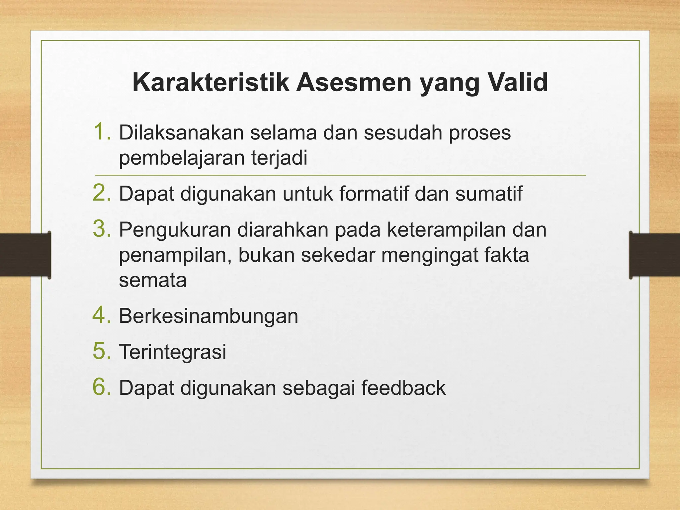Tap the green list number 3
102,229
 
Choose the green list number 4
102,315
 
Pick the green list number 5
102,351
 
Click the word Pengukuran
175,230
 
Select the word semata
153,281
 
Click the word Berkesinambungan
209,316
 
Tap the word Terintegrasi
173,352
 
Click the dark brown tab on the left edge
25,255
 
